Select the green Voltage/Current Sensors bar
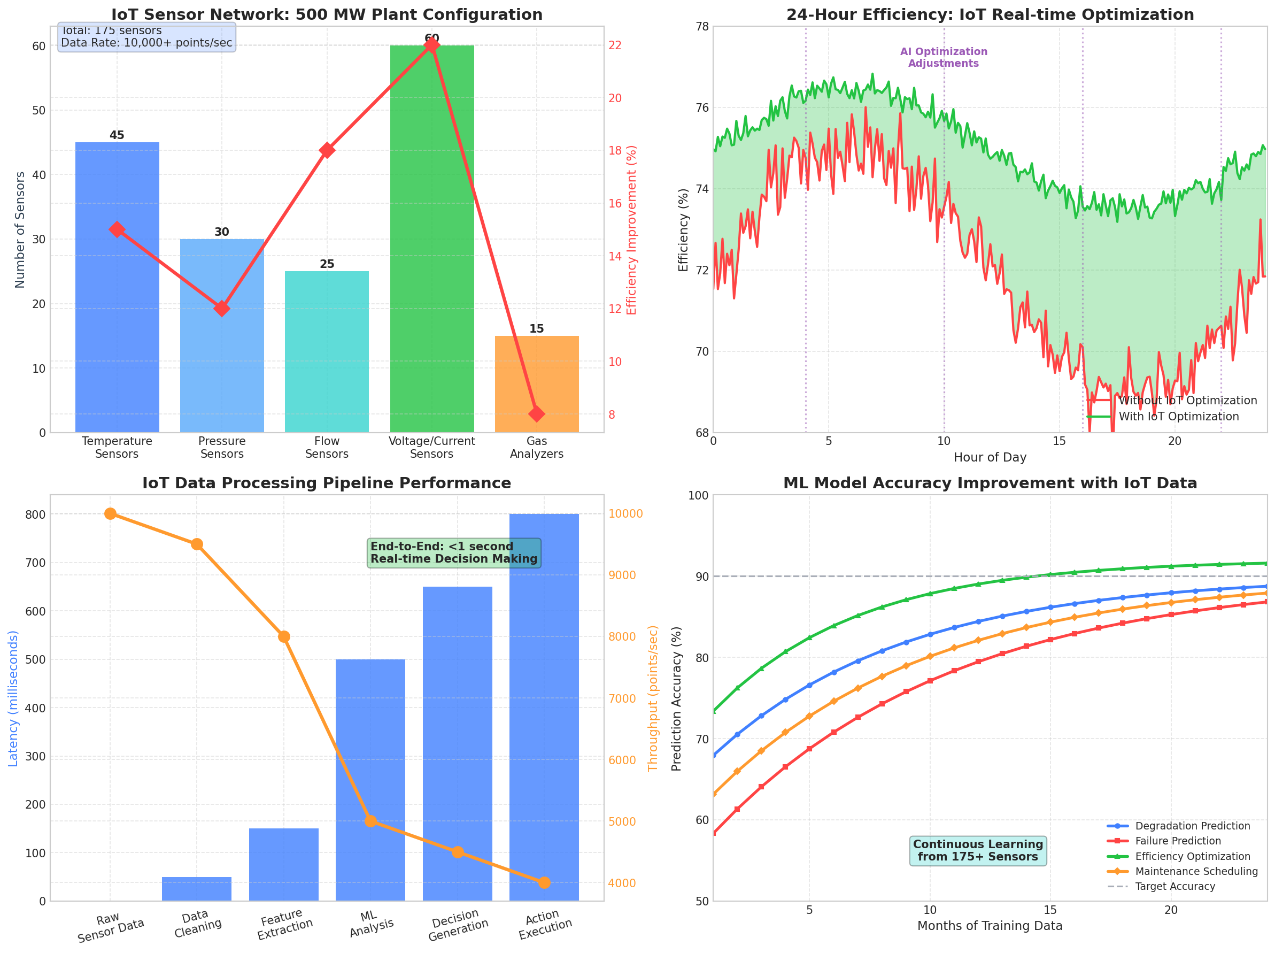[x=432, y=242]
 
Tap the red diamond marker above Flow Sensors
[x=327, y=150]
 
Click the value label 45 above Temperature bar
[x=117, y=135]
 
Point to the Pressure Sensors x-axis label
[x=222, y=448]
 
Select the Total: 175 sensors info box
[x=146, y=37]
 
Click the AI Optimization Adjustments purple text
[x=944, y=58]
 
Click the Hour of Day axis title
[x=990, y=458]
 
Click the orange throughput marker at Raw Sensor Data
[x=110, y=514]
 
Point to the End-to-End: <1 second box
[x=454, y=553]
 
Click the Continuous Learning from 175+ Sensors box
[x=978, y=850]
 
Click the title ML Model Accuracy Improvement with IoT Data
[x=990, y=483]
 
